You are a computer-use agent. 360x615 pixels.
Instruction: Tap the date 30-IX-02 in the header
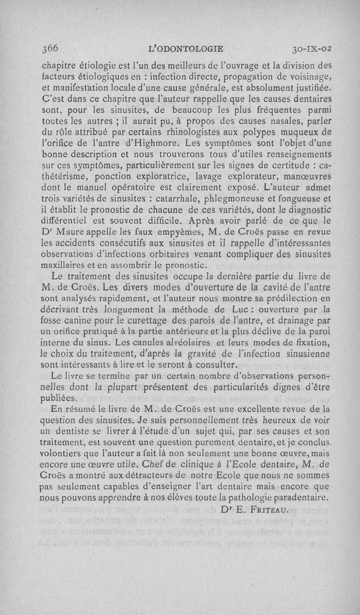pos(311,48)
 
